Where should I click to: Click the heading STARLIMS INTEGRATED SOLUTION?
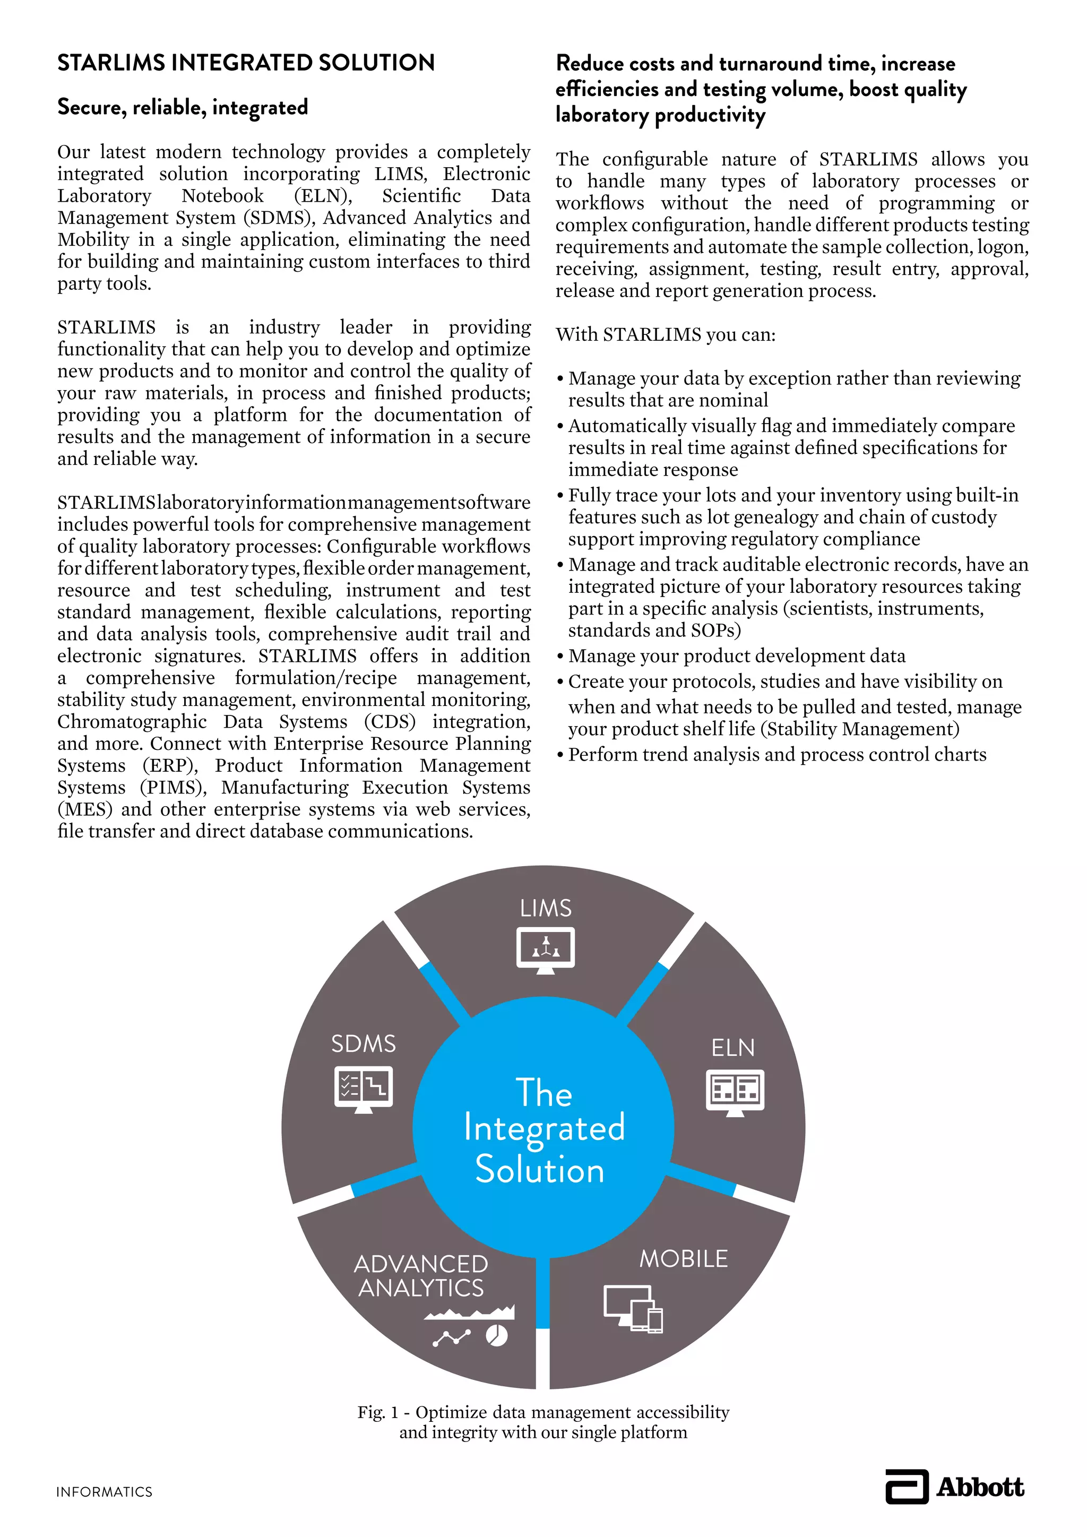246,63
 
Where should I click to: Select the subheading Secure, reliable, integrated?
182,107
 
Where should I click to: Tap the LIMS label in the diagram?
546,909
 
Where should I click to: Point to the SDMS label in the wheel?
364,1043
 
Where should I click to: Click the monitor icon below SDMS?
364,1089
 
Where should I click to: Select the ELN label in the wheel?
733,1048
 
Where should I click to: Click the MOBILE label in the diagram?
684,1259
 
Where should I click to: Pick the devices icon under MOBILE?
633,1309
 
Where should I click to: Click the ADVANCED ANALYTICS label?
421,1276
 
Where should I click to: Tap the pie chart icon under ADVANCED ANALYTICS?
497,1337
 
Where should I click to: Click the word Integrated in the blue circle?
544,1128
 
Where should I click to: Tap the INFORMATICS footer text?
105,1492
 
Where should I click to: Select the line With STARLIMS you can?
666,335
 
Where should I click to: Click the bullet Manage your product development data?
736,656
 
